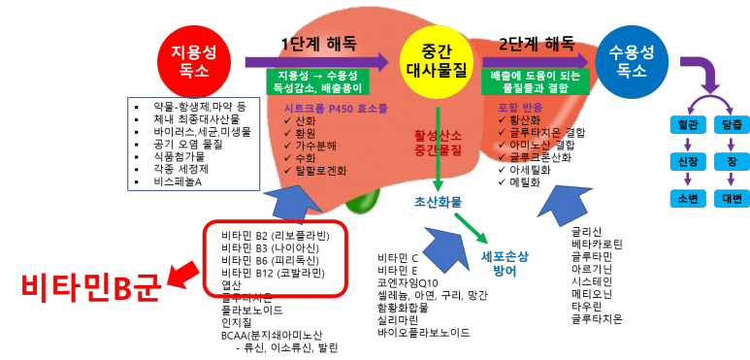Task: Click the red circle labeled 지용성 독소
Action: (x=194, y=61)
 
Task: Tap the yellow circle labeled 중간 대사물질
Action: (x=436, y=61)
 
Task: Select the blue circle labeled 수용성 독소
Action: (x=632, y=61)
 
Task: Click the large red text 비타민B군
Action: (x=90, y=287)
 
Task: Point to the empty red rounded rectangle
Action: (x=275, y=258)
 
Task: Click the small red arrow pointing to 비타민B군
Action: (x=183, y=274)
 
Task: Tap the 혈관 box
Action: (x=688, y=124)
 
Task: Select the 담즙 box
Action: (x=732, y=124)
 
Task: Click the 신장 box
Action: (x=688, y=161)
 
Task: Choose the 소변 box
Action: (x=688, y=198)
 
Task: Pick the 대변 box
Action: (x=732, y=198)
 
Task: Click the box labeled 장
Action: (x=732, y=161)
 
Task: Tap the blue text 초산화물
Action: (x=438, y=202)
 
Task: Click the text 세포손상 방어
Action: (x=505, y=263)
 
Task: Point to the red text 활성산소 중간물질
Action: (x=438, y=143)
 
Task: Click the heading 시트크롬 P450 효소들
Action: (x=335, y=108)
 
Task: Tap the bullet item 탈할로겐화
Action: (x=320, y=171)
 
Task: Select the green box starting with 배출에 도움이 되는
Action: (x=535, y=82)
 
